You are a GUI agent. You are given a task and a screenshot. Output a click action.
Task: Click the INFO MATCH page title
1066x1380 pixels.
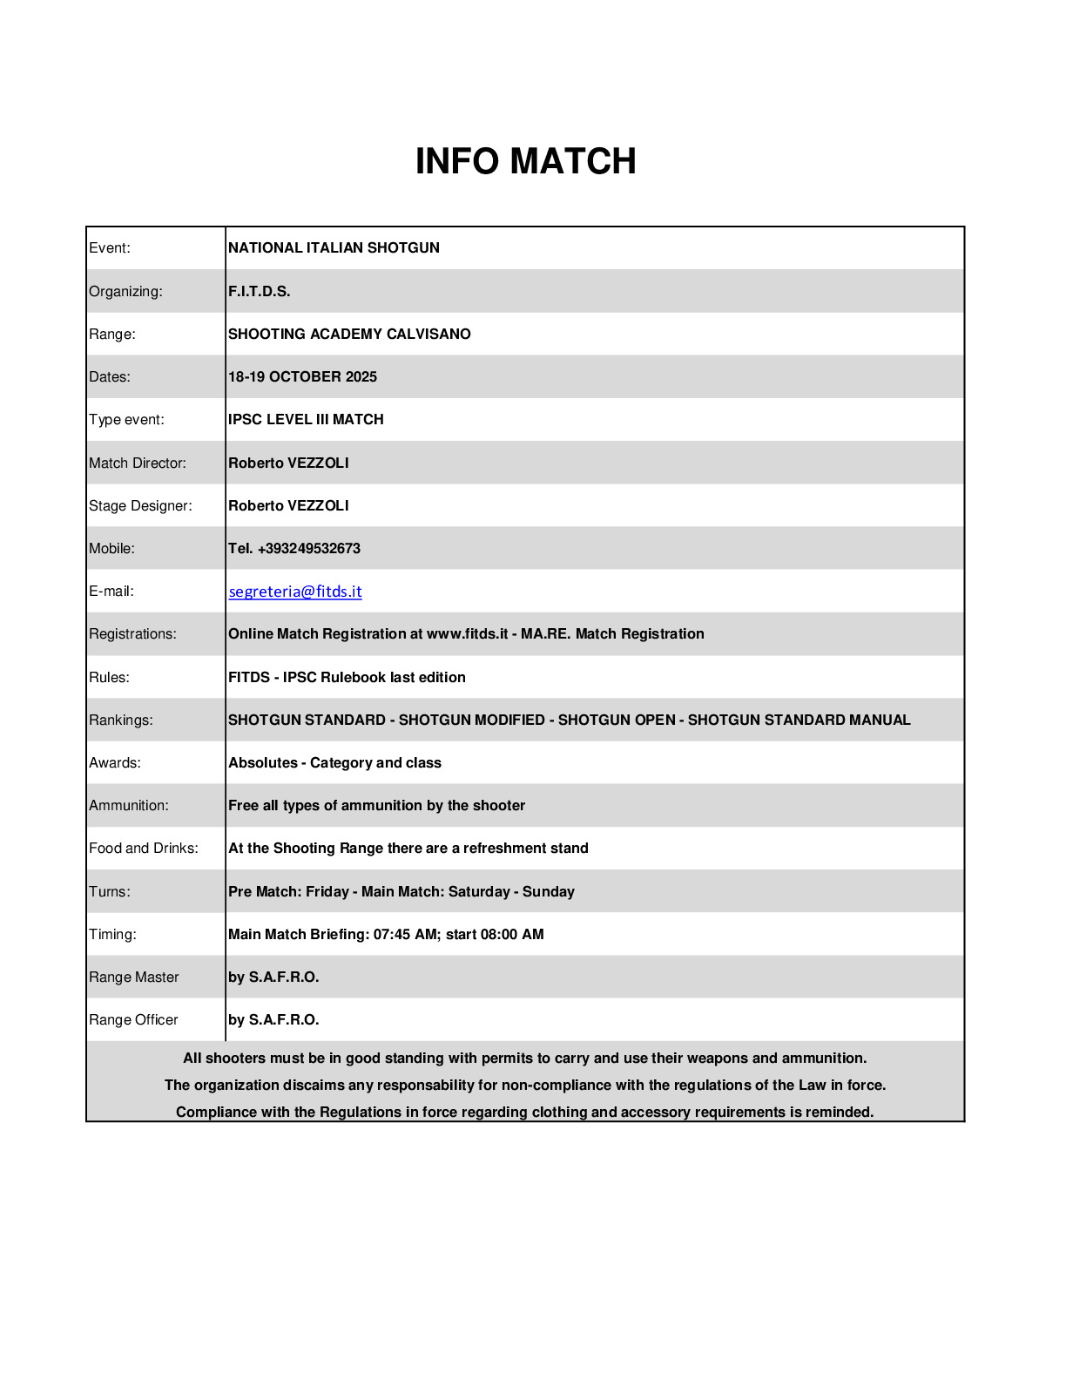coord(525,161)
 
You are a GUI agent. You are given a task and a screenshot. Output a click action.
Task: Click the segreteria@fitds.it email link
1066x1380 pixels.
coord(295,592)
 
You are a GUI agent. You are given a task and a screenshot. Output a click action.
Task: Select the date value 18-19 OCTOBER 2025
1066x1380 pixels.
coord(302,376)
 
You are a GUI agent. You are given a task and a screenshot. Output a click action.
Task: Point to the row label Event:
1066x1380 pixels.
coord(110,247)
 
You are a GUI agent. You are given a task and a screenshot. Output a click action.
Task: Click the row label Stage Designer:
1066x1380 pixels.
coord(140,505)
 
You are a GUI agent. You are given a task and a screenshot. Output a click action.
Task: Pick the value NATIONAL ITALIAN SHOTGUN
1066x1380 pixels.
coord(334,247)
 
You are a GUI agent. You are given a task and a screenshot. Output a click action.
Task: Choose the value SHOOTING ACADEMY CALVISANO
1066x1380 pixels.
coord(349,334)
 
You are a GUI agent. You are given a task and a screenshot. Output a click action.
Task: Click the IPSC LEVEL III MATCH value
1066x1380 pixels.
coord(306,419)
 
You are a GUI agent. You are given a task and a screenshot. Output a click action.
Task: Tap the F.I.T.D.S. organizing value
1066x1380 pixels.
coord(259,291)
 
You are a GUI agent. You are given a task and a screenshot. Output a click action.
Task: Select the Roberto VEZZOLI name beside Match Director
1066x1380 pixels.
coord(288,463)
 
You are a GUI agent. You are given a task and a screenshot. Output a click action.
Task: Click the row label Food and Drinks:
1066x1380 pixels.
coord(144,848)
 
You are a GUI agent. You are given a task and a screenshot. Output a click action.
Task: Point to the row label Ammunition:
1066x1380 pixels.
coord(129,805)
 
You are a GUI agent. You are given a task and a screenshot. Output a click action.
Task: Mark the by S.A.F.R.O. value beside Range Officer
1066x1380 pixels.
coord(273,1019)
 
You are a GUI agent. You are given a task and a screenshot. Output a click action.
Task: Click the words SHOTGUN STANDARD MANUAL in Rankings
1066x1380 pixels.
coord(799,720)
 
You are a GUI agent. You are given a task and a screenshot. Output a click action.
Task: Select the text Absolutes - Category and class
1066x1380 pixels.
coord(334,762)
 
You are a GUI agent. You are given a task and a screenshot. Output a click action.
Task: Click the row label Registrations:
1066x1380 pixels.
coord(132,633)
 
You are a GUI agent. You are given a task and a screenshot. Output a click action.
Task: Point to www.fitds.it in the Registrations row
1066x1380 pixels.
coord(467,633)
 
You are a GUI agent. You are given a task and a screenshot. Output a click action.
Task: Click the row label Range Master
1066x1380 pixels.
coord(134,977)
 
